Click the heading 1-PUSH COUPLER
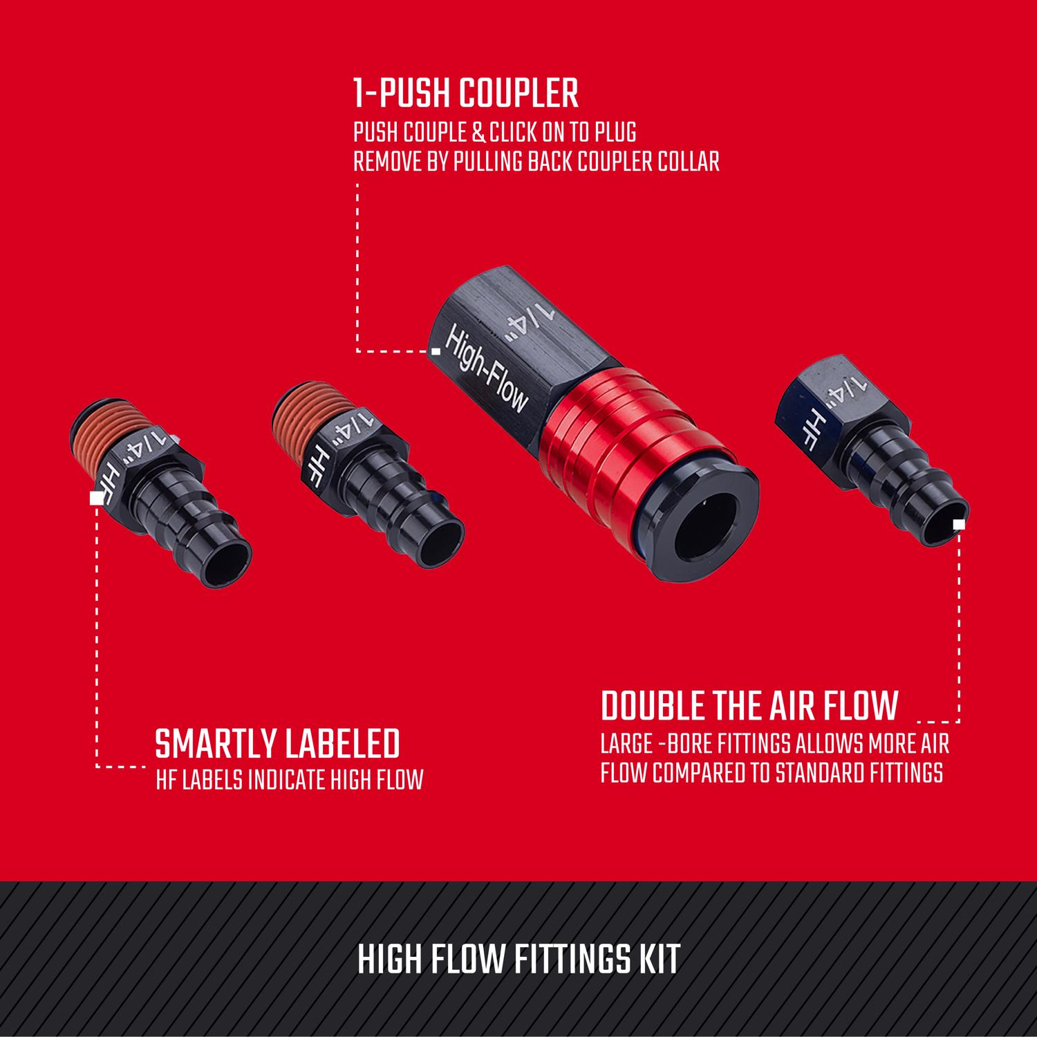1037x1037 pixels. (x=465, y=94)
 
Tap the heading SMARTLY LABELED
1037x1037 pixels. (x=278, y=744)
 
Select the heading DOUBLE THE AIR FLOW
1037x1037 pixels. (x=749, y=705)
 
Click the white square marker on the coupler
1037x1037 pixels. (x=436, y=351)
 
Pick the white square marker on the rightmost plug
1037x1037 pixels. (x=958, y=524)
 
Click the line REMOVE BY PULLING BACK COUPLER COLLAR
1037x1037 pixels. (x=536, y=162)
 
